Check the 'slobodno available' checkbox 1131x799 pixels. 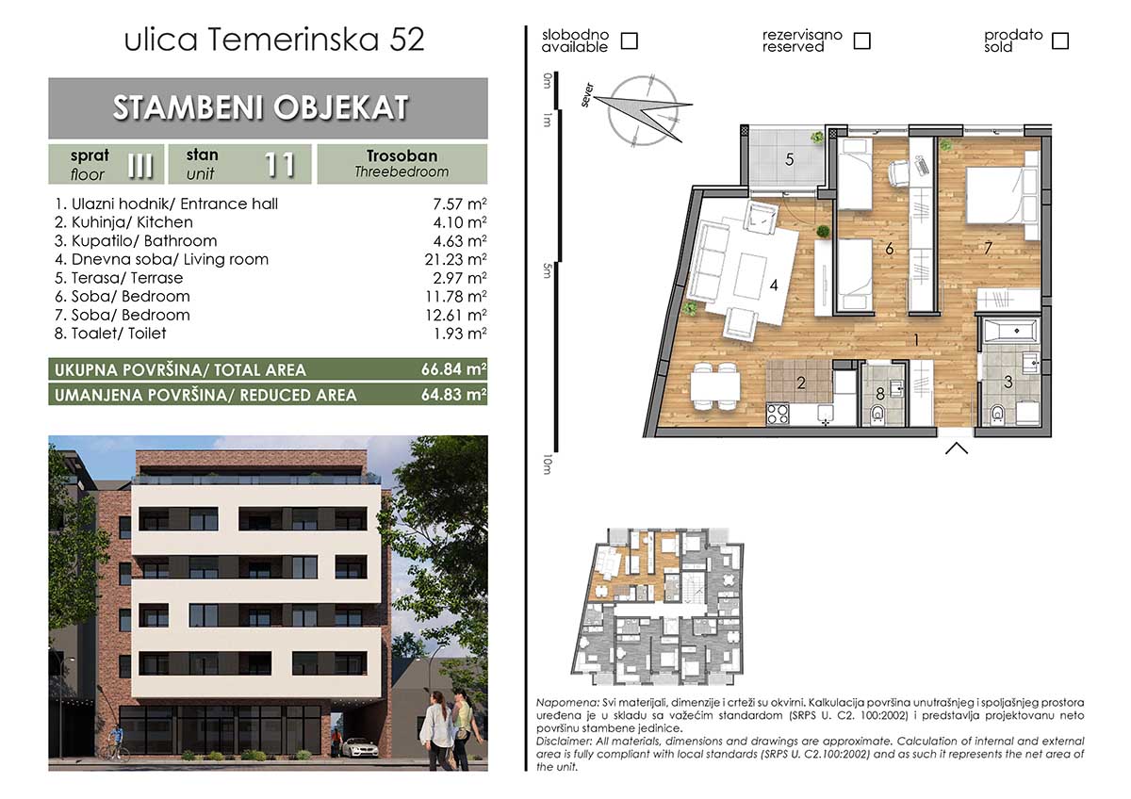(x=630, y=41)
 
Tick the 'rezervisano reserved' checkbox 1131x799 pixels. (x=861, y=41)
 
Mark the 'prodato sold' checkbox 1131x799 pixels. (x=1060, y=41)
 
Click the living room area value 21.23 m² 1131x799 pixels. (x=455, y=259)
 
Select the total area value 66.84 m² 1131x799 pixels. (x=454, y=369)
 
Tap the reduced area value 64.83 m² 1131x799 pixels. (x=454, y=394)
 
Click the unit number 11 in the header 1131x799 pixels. (x=280, y=165)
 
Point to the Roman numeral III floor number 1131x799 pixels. (x=140, y=165)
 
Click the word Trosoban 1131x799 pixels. (x=402, y=155)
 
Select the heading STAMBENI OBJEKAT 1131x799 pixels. (x=260, y=107)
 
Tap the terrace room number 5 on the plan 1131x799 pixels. (x=789, y=160)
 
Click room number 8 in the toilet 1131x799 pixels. (x=880, y=393)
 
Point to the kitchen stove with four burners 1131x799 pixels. (x=778, y=414)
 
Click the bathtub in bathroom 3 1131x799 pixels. (x=1011, y=331)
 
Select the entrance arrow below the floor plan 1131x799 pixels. (x=957, y=448)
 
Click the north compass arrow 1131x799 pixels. (x=643, y=112)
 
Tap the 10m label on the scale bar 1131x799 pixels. (x=547, y=465)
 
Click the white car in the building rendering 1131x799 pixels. (x=359, y=747)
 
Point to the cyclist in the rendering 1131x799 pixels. (x=117, y=744)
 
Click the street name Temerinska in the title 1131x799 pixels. (x=293, y=40)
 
